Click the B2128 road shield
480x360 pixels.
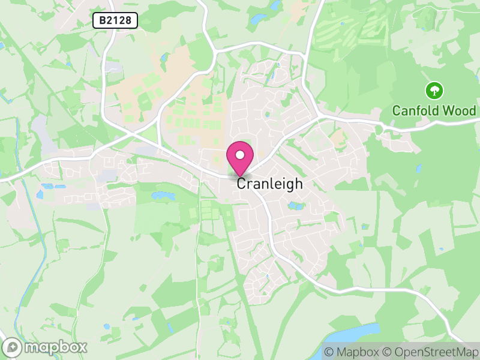[x=115, y=21]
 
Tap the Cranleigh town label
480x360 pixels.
[x=269, y=184]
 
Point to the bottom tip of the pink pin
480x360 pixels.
[x=240, y=176]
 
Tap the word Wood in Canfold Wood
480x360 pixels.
[x=459, y=111]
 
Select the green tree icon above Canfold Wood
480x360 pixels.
[x=434, y=91]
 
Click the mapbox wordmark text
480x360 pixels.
[x=55, y=347]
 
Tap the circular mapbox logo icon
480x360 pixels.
[x=13, y=347]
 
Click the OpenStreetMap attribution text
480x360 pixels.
[x=433, y=352]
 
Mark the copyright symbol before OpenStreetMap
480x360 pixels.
[x=387, y=352]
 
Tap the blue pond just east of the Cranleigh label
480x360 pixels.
[x=295, y=206]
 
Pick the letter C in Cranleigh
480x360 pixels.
[x=241, y=184]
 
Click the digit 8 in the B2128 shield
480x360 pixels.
[x=131, y=21]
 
